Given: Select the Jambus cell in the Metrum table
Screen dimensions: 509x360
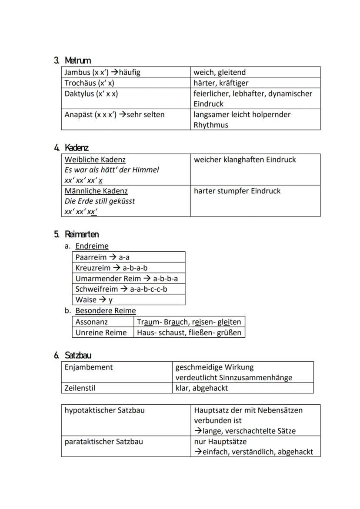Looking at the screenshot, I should pos(103,72).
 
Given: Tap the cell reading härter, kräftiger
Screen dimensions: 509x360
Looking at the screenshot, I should pos(221,83).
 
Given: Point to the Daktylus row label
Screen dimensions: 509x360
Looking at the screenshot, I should pos(91,93).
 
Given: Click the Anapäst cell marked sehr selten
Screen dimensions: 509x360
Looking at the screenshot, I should pos(115,115).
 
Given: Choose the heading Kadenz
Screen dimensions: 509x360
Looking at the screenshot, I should pos(77,148).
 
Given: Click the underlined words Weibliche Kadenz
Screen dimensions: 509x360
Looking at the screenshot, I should pos(95,160).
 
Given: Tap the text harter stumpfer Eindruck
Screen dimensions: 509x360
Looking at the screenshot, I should pos(237,191).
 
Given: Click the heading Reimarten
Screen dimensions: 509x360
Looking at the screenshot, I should pos(82,235).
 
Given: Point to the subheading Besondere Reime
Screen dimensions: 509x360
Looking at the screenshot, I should pos(105,311).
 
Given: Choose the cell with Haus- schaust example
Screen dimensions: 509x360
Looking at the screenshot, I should pos(189,333).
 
